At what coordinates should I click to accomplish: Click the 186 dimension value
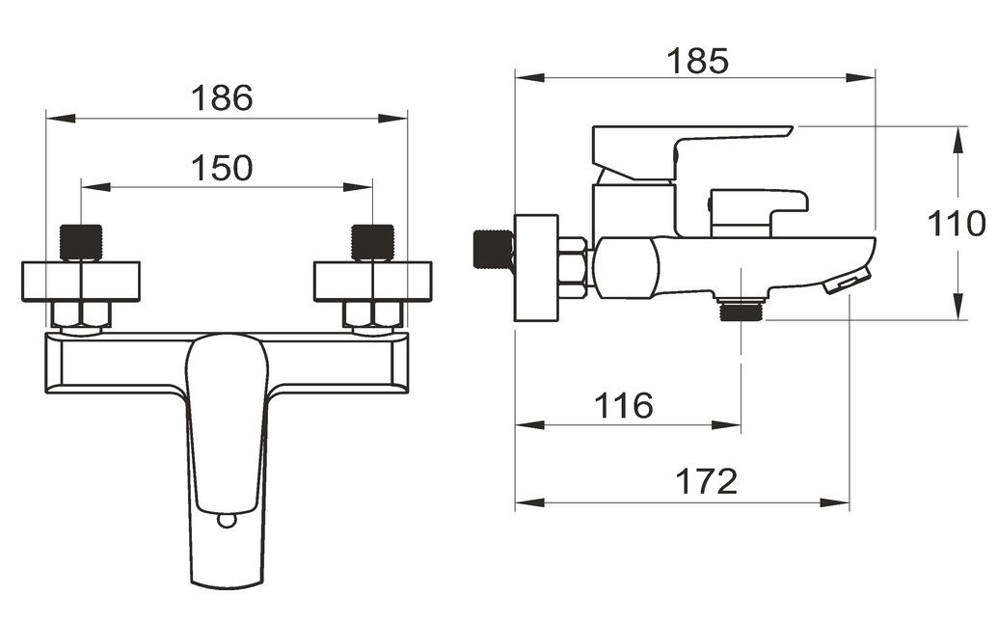tap(222, 98)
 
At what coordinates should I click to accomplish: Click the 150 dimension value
tap(222, 168)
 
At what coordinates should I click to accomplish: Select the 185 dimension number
tap(697, 61)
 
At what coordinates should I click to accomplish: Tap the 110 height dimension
tap(956, 224)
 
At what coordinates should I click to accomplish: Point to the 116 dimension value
tap(623, 405)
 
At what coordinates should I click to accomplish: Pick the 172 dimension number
tap(706, 481)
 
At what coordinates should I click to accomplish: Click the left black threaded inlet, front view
tap(81, 242)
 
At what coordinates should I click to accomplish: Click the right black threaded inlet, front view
tap(372, 242)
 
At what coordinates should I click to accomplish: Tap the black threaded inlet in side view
tap(494, 249)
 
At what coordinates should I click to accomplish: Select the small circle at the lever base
tap(226, 521)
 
